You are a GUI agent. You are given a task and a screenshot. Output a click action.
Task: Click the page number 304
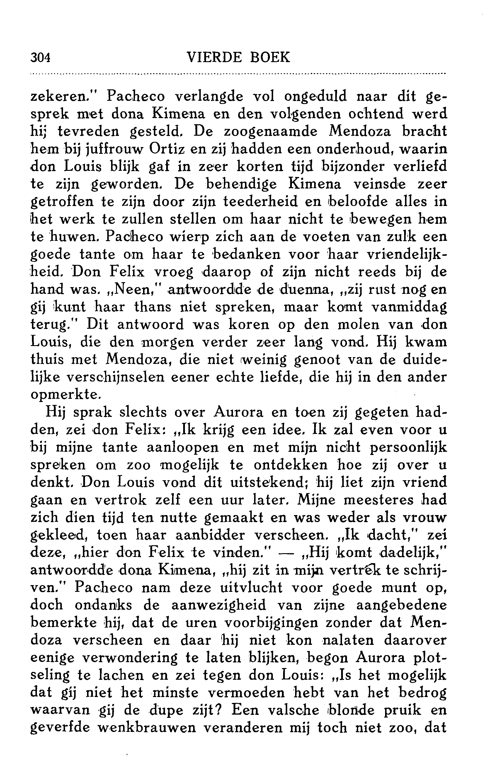[x=40, y=58]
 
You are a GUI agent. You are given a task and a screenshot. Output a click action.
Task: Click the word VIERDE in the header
[x=215, y=57]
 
